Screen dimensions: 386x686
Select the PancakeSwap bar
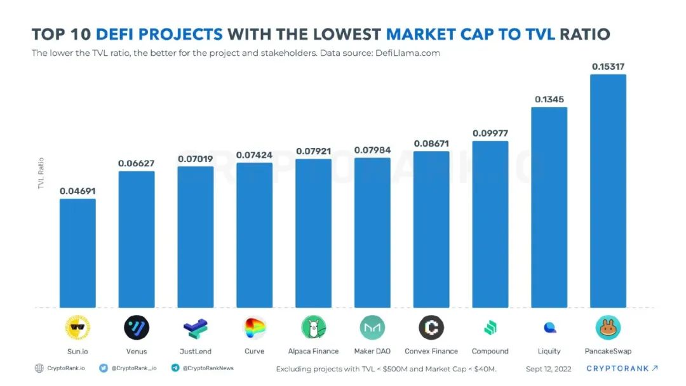coord(608,190)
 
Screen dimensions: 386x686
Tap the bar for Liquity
coord(549,207)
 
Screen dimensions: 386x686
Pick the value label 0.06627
coord(137,164)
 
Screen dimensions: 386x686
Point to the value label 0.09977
coord(490,133)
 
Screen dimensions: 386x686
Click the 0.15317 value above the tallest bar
coord(608,67)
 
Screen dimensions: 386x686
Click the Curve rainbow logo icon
coord(255,328)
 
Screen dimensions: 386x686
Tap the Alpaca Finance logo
coord(313,328)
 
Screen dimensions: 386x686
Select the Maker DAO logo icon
coord(372,328)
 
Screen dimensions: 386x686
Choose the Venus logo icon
coord(137,328)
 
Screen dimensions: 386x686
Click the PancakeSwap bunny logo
coord(608,328)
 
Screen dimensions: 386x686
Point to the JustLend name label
coord(196,351)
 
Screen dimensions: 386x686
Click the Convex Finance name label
coord(431,351)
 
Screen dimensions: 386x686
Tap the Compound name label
coord(490,351)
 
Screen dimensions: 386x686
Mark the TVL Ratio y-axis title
coord(41,173)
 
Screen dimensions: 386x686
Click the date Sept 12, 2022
coord(549,368)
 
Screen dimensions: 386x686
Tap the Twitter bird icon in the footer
coord(104,368)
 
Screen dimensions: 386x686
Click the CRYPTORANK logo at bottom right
coord(621,368)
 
